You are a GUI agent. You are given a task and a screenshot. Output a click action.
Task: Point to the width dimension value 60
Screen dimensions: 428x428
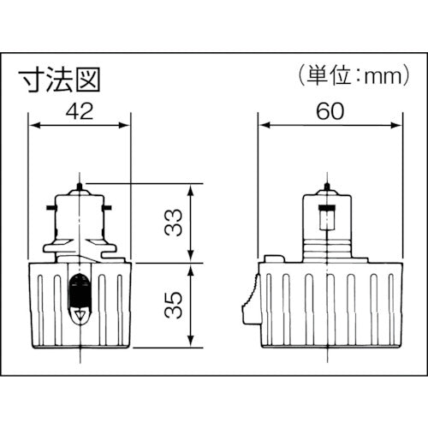click(330, 109)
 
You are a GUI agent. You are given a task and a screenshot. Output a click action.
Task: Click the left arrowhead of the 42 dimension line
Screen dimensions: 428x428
click(34, 125)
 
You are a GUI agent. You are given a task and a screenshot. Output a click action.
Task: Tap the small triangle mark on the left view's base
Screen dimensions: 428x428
click(80, 316)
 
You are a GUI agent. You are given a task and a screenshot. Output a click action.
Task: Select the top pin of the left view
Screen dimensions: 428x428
click(79, 187)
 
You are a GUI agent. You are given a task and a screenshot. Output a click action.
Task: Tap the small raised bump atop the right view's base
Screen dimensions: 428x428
click(275, 258)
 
